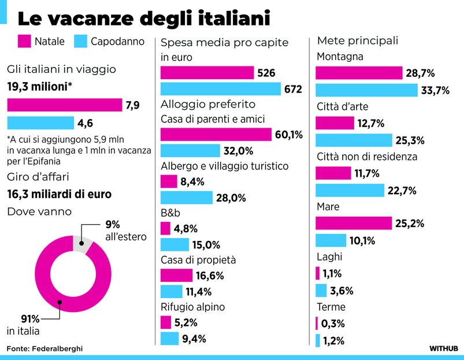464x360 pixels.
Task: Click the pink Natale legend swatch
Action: pos(24,42)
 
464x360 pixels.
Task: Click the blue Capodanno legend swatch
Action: pos(80,42)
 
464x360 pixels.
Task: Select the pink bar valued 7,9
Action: pos(64,105)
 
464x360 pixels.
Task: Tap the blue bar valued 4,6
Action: pos(40,123)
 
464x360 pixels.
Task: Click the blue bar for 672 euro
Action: pos(220,89)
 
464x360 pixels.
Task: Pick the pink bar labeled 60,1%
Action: pos(216,135)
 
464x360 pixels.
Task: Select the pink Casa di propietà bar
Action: pos(176,275)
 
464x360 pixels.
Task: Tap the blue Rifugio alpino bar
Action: pos(169,339)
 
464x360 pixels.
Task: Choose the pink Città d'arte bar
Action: pos(335,123)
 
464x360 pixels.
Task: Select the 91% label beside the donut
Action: pos(15,318)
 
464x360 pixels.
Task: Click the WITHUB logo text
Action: pos(443,349)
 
